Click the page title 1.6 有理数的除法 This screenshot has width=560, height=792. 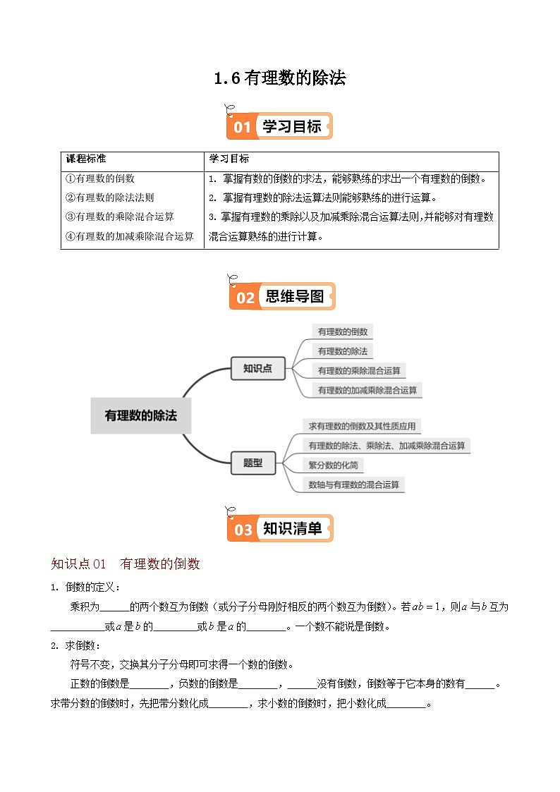pos(280,78)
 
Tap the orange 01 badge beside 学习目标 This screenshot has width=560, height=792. pos(242,127)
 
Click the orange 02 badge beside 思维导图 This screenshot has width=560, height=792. pos(244,297)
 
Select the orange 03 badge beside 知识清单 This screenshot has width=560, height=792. pos(243,529)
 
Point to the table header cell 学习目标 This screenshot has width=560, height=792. pos(229,159)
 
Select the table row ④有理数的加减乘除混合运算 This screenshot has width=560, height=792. pos(129,237)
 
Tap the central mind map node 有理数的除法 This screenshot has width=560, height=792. pos(141,415)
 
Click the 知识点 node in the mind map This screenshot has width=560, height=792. pos(257,368)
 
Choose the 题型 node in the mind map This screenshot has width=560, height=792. pos(252,463)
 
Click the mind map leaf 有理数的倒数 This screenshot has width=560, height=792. pos(342,331)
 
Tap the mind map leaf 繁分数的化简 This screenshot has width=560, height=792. pos(334,465)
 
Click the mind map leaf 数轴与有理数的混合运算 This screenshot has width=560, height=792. pos(354,485)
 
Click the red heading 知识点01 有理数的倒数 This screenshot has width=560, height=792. pos(126,563)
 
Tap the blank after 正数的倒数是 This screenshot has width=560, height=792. pos(150,683)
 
